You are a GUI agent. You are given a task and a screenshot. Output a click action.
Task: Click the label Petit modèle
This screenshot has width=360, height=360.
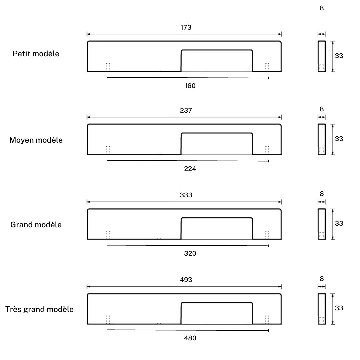pos(36,54)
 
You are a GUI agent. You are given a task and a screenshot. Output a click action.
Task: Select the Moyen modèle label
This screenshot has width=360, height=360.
pos(36,140)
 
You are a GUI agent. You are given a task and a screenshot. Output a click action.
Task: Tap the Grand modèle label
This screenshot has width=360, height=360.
pos(36,225)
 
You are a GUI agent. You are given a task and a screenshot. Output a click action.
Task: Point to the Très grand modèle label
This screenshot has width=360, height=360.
pos(39,309)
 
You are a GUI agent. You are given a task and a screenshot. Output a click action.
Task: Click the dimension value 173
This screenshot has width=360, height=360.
pos(186,27)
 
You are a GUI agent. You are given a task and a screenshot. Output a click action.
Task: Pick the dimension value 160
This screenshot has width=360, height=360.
pos(190,86)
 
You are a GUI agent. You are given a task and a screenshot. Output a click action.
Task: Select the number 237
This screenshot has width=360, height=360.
pos(186,110)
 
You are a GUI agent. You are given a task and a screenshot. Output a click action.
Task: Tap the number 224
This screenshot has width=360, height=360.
pos(190,169)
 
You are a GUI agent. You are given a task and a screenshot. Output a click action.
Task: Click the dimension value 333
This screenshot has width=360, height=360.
pos(186,195)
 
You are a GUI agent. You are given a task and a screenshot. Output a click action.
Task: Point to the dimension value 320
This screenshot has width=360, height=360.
pos(190,253)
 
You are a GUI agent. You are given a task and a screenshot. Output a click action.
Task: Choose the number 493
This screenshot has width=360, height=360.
pos(186,280)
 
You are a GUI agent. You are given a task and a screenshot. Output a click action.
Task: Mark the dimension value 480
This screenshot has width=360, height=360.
pos(190,338)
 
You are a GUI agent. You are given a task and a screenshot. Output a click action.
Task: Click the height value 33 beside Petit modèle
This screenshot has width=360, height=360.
pos(339,56)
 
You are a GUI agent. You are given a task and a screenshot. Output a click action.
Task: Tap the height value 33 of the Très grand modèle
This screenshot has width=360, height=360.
pos(339,308)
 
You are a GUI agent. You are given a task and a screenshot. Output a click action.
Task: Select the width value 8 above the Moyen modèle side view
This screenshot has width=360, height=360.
pos(322,109)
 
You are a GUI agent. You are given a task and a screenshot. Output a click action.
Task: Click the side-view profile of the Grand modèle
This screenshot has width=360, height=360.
pos(322,224)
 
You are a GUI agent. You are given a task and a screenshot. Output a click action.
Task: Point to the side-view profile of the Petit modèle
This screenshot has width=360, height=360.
pos(322,56)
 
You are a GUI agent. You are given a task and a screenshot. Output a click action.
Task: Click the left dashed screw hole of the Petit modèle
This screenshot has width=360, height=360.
pos(108,67)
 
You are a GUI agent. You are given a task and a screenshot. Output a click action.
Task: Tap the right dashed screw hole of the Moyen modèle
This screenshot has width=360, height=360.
pos(267,150)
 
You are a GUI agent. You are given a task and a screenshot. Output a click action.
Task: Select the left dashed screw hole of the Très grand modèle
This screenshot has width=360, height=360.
pos(108,319)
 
